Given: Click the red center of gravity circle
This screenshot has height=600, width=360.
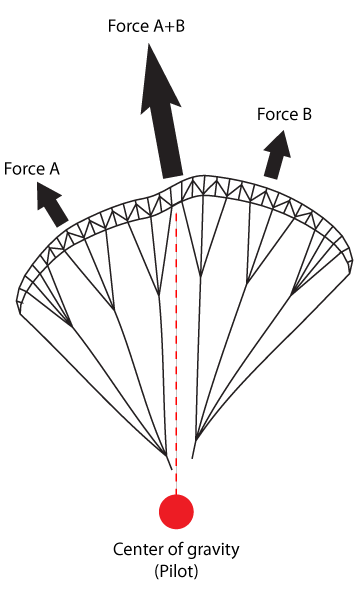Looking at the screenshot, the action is pyautogui.click(x=176, y=512).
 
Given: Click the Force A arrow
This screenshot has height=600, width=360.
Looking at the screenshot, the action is pyautogui.click(x=52, y=204).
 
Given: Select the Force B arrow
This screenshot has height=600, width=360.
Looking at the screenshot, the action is pyautogui.click(x=277, y=154).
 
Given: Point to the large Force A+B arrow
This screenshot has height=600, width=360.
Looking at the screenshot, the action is pyautogui.click(x=161, y=111).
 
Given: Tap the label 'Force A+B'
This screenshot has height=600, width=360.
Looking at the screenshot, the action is pyautogui.click(x=147, y=26).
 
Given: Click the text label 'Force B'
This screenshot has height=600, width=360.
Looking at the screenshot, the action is pyautogui.click(x=284, y=114).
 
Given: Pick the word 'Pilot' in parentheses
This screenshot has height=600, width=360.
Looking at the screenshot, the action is pyautogui.click(x=176, y=571).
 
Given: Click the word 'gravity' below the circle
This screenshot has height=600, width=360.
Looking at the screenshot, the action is pyautogui.click(x=216, y=550).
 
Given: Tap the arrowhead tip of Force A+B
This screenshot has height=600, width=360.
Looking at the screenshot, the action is pyautogui.click(x=148, y=44).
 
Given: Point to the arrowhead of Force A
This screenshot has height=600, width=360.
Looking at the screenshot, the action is pyautogui.click(x=48, y=195).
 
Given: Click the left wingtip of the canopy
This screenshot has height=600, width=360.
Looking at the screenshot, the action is pyautogui.click(x=19, y=312).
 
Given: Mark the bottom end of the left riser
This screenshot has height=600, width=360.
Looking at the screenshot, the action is pyautogui.click(x=171, y=470).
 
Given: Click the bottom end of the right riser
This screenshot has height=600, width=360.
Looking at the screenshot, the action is pyautogui.click(x=192, y=458).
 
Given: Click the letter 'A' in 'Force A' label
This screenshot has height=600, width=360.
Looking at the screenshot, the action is pyautogui.click(x=54, y=169).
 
